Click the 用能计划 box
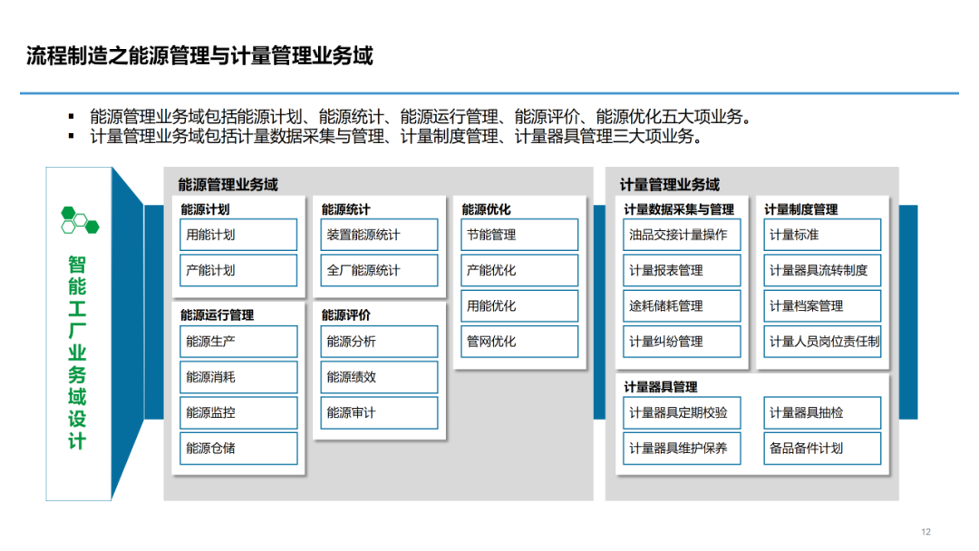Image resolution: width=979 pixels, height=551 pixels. (x=238, y=235)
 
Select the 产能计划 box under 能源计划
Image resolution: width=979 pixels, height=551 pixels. (x=238, y=270)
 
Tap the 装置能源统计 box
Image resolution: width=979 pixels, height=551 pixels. (x=379, y=235)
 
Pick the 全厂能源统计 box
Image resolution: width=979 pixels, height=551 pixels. (x=379, y=270)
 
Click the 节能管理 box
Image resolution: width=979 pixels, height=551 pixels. (x=519, y=235)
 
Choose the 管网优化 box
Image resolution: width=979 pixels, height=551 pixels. (x=519, y=342)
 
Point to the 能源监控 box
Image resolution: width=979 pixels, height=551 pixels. (x=238, y=412)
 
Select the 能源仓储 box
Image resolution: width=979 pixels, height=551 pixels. (x=238, y=448)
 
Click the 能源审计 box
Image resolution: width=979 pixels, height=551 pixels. (x=379, y=412)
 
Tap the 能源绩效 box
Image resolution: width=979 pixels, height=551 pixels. (x=379, y=377)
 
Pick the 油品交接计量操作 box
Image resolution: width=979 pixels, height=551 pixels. (x=682, y=235)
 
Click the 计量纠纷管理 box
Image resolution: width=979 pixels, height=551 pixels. (x=682, y=342)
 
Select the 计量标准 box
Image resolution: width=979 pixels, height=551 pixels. (x=822, y=235)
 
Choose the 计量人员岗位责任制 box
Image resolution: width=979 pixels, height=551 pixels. (x=822, y=342)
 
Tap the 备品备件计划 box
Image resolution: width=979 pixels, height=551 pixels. (x=822, y=448)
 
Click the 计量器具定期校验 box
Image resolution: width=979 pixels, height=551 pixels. (x=682, y=412)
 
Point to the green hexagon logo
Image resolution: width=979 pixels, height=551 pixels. (x=80, y=220)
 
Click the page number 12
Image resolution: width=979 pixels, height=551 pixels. (x=926, y=532)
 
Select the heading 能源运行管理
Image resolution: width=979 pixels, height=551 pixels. (x=218, y=315)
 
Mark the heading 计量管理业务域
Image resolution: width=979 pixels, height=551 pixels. (x=669, y=185)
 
